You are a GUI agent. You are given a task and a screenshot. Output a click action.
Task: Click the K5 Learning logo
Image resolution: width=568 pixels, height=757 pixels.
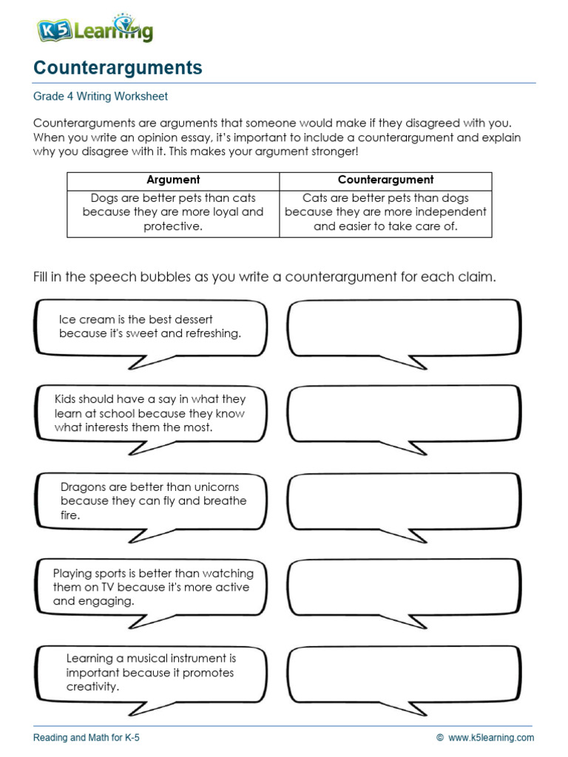95,29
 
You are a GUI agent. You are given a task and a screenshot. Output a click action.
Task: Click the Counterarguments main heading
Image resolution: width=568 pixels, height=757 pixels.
118,68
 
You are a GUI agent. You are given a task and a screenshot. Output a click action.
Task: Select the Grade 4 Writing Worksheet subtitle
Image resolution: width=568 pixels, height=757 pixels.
101,96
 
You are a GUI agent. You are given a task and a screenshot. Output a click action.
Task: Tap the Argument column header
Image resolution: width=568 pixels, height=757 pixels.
173,180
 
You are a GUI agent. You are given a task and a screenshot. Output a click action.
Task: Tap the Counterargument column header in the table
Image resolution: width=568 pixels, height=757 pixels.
385,180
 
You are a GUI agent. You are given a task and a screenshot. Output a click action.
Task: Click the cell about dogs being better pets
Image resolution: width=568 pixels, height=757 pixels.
173,212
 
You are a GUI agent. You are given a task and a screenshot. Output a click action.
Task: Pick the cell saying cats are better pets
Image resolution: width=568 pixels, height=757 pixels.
385,212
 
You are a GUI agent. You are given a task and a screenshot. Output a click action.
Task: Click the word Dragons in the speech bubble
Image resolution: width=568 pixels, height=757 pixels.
84,487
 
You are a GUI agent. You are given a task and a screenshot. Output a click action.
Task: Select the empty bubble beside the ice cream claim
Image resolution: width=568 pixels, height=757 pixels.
403,328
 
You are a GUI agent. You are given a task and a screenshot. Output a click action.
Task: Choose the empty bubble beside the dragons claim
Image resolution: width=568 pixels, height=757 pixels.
403,500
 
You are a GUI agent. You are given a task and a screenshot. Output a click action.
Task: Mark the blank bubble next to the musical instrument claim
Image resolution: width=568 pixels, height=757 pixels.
403,673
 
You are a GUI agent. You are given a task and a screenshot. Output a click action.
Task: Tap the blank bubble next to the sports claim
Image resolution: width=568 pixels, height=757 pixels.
403,587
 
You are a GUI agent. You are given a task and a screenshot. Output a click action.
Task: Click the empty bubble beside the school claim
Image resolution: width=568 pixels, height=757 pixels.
403,414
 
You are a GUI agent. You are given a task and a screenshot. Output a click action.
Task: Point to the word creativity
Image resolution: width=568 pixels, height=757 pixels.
92,687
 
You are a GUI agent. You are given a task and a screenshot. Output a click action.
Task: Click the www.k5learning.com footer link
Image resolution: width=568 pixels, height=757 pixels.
490,737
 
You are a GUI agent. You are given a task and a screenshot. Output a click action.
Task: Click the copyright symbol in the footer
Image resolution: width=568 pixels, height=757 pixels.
439,737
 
